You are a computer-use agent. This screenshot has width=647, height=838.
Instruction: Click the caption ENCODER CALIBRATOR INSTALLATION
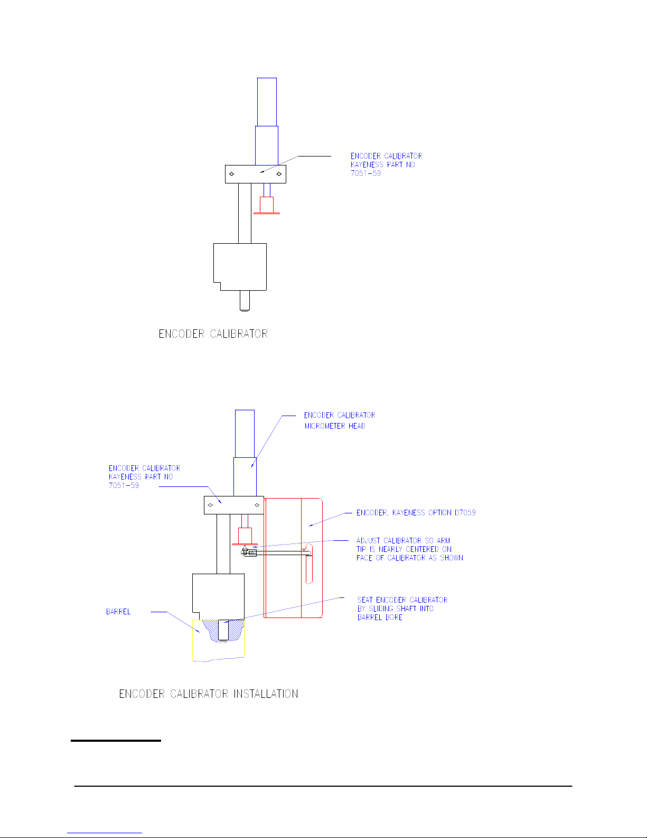[209, 694]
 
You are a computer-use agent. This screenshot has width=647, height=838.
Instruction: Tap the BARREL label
[118, 612]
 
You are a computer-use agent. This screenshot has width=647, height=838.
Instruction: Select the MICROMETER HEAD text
[335, 426]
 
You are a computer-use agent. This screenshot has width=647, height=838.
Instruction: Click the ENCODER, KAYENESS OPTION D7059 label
[416, 512]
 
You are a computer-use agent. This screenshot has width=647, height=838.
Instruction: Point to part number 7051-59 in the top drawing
[365, 173]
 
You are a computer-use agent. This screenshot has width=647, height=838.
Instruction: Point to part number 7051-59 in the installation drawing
[124, 485]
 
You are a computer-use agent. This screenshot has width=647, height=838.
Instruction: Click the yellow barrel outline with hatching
[218, 642]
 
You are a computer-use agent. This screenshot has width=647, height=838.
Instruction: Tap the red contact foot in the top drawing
[267, 206]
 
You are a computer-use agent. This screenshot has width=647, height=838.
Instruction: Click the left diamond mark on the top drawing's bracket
[231, 173]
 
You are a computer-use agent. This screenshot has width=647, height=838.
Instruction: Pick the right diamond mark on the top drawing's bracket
[279, 173]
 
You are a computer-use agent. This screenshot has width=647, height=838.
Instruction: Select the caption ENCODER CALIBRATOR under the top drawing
[213, 334]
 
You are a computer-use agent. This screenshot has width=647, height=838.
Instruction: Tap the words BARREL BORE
[380, 618]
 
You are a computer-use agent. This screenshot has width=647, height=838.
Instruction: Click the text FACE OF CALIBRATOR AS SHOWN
[409, 558]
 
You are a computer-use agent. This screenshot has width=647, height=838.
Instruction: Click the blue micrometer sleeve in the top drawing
[267, 145]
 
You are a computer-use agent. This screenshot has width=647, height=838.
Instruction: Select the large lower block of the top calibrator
[240, 266]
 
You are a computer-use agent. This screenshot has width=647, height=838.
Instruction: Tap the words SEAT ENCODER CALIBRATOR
[402, 600]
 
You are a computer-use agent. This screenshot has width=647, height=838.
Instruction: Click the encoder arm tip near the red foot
[246, 552]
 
